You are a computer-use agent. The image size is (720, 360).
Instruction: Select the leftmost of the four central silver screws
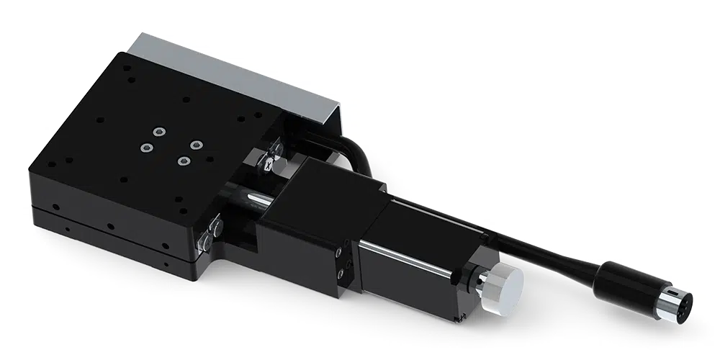(x=146, y=148)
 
